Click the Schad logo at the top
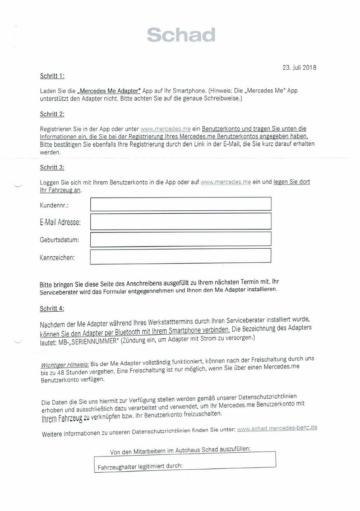point(181,35)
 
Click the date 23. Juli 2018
point(300,67)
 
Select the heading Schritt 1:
point(52,76)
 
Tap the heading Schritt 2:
point(52,114)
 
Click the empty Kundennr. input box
point(181,204)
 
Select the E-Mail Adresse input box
point(181,221)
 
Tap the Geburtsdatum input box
point(181,239)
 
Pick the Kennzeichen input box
point(181,256)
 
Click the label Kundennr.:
point(54,205)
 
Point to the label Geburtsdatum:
point(59,240)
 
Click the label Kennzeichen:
point(57,258)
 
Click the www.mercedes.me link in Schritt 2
point(165,128)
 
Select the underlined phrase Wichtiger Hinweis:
point(64,365)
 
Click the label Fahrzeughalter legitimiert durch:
point(140,465)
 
